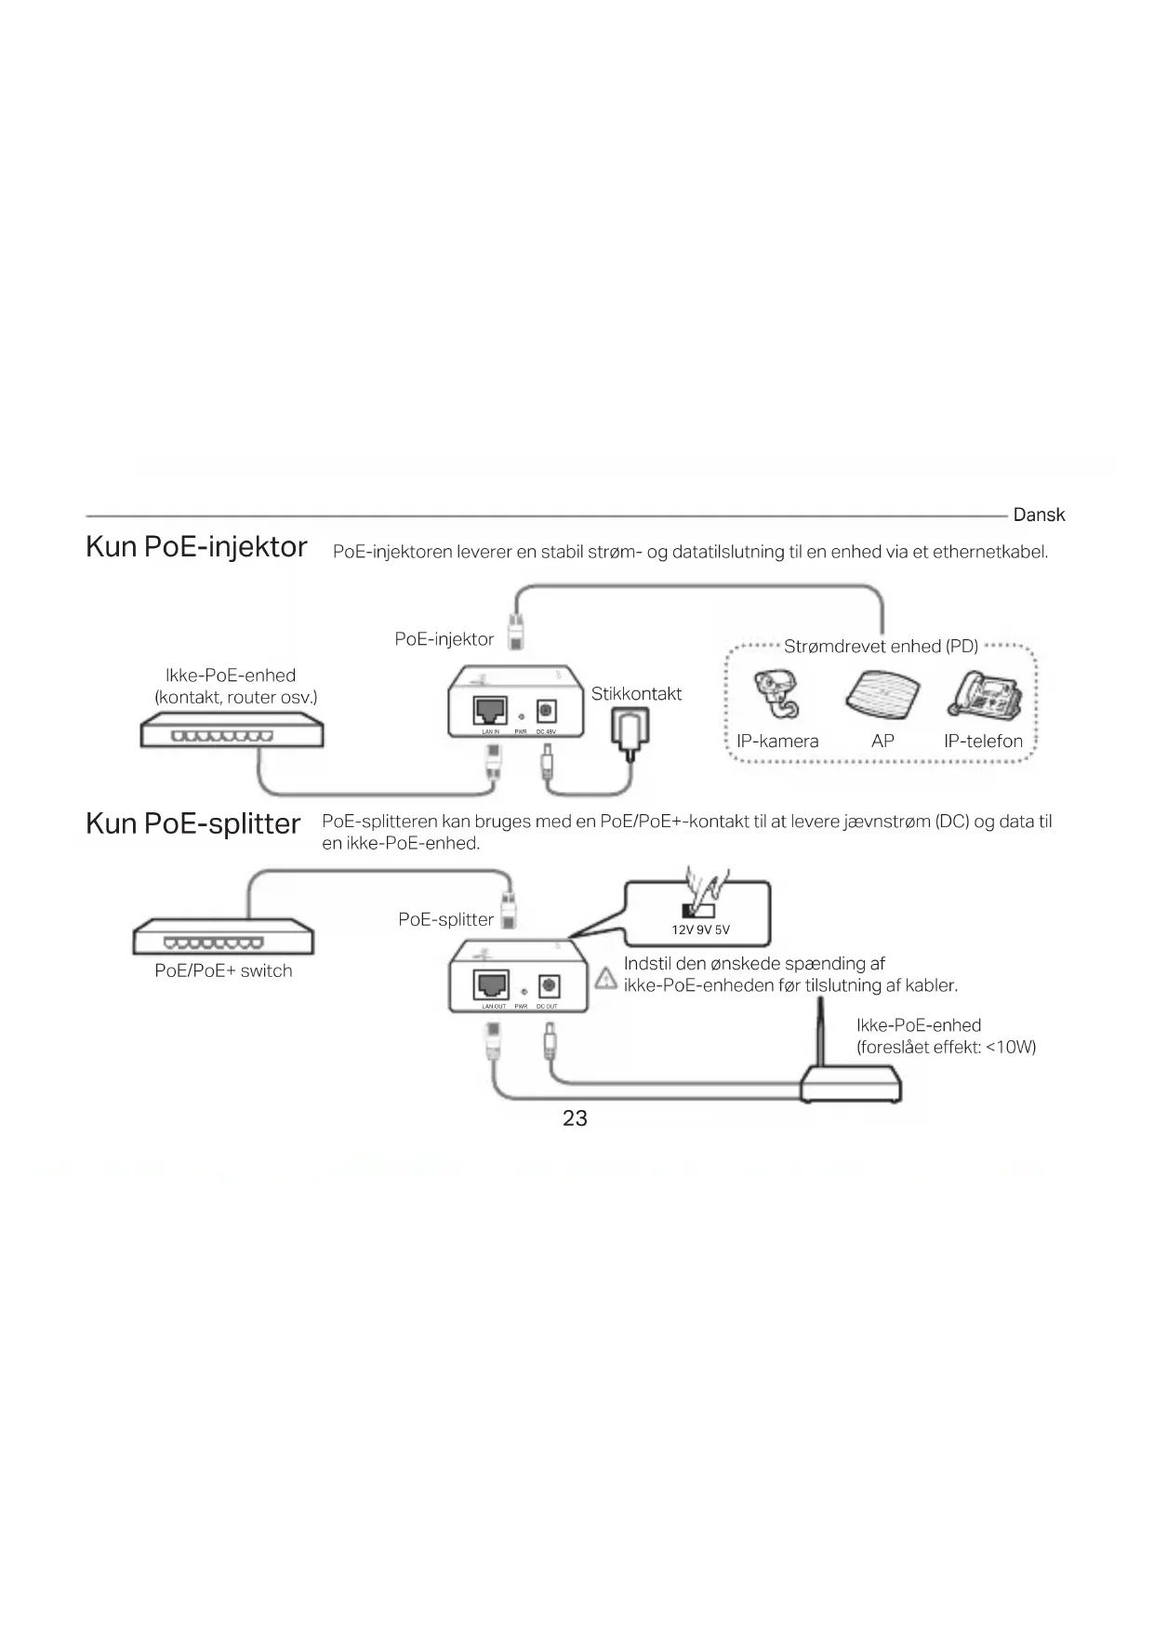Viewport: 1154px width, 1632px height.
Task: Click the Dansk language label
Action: coord(1038,515)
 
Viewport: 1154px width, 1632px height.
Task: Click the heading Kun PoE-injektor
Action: coord(196,546)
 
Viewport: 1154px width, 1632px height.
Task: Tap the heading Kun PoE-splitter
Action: coord(193,823)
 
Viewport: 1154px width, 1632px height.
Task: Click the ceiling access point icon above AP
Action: coord(882,694)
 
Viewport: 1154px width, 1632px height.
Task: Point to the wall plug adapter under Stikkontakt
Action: coord(630,729)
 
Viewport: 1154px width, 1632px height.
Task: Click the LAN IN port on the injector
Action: coord(490,711)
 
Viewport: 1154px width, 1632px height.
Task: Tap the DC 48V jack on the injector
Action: coord(546,712)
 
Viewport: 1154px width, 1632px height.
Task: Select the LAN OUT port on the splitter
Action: coord(491,984)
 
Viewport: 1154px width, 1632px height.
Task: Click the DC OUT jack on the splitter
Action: coord(548,985)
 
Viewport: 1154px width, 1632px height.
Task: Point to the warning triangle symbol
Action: coord(605,977)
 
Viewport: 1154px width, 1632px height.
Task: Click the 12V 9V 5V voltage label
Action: coord(701,930)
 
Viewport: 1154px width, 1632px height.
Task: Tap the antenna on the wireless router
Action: coord(821,1033)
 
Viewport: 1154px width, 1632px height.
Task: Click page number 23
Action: coord(575,1117)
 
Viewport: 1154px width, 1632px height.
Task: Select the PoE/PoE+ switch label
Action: coord(223,970)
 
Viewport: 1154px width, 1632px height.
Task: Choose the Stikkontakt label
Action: coord(636,694)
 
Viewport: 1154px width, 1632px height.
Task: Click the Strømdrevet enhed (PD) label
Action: coord(881,647)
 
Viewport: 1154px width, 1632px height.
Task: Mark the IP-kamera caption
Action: coord(777,742)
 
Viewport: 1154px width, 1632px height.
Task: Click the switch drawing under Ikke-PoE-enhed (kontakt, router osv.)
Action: coord(232,730)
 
